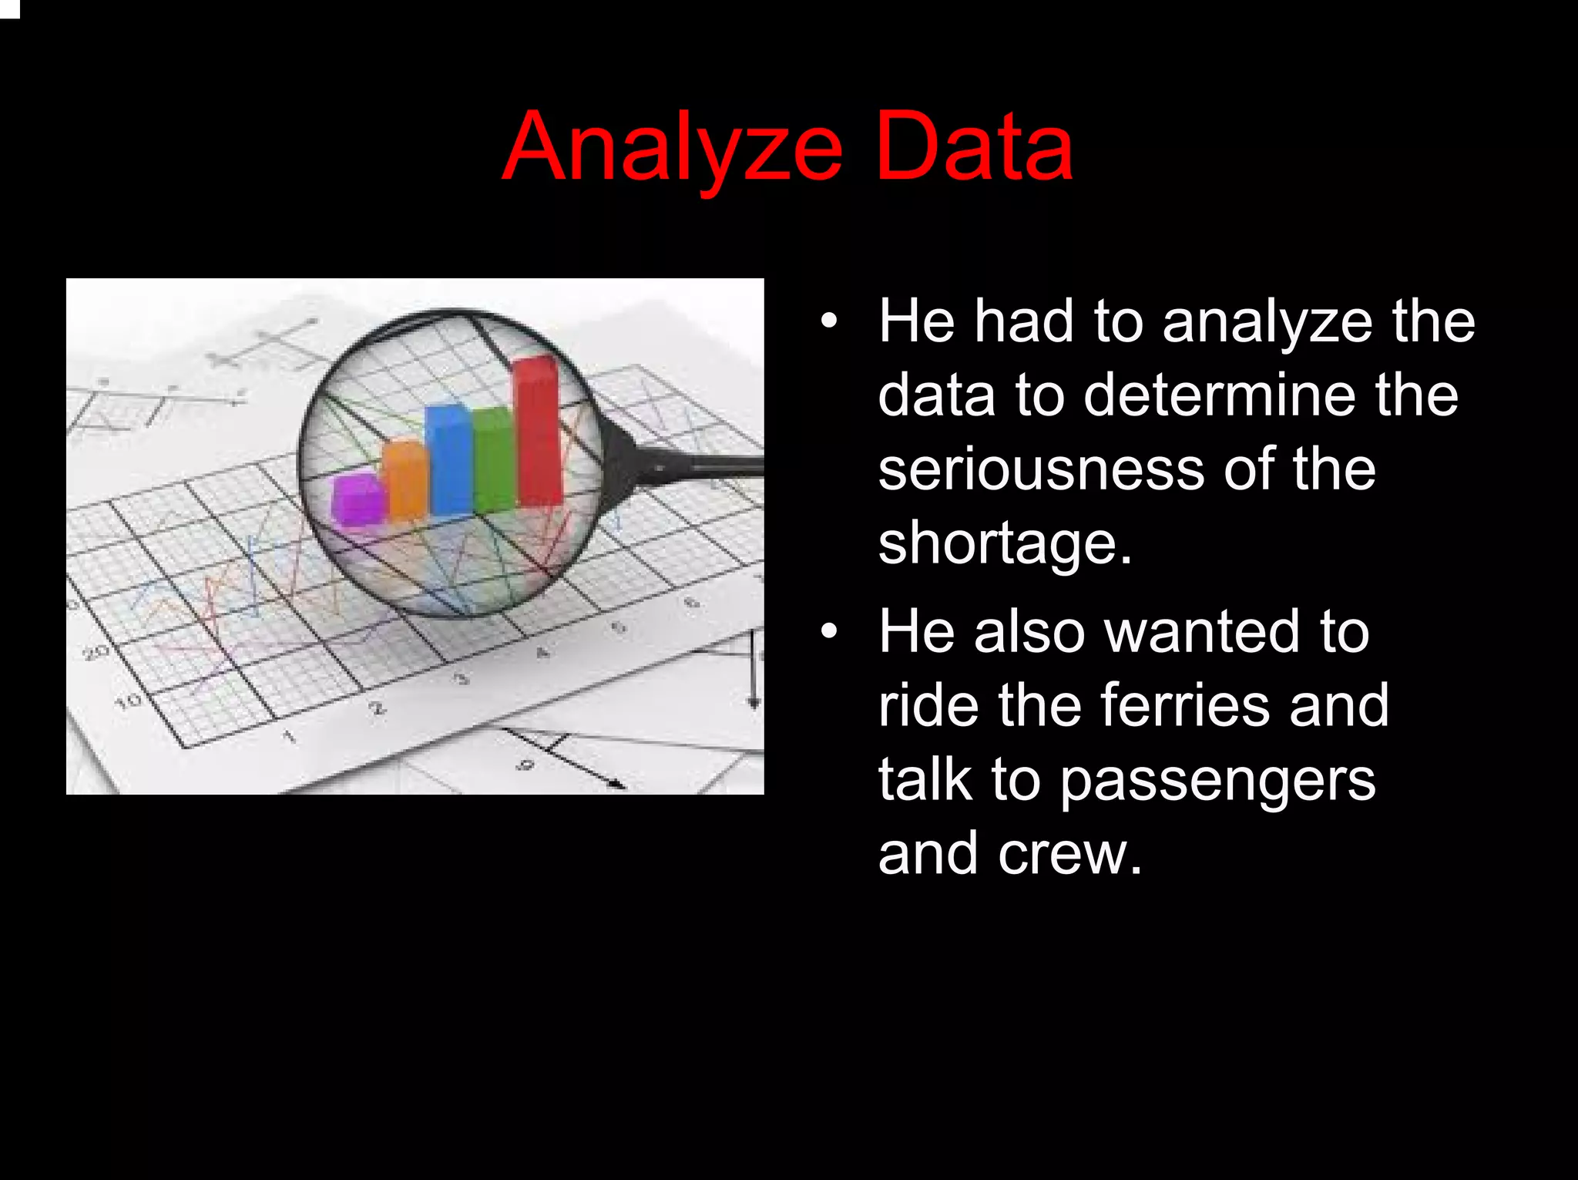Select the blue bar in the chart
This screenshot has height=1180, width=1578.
pos(448,460)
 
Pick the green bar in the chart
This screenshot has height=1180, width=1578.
pos(493,462)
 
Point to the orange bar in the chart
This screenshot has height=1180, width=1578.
pos(406,481)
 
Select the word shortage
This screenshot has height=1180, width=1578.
pos(1004,544)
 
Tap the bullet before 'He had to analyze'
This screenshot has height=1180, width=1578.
pos(828,321)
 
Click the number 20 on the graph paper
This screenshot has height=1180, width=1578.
pos(96,654)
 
